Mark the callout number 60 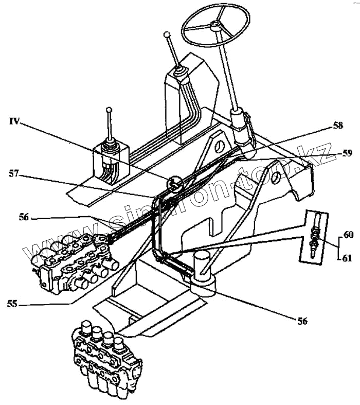pos(348,234)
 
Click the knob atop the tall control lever pos(166,35)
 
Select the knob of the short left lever pos(109,110)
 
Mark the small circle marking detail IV pos(175,184)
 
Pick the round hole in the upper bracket pos(220,144)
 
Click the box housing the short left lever pos(110,165)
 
